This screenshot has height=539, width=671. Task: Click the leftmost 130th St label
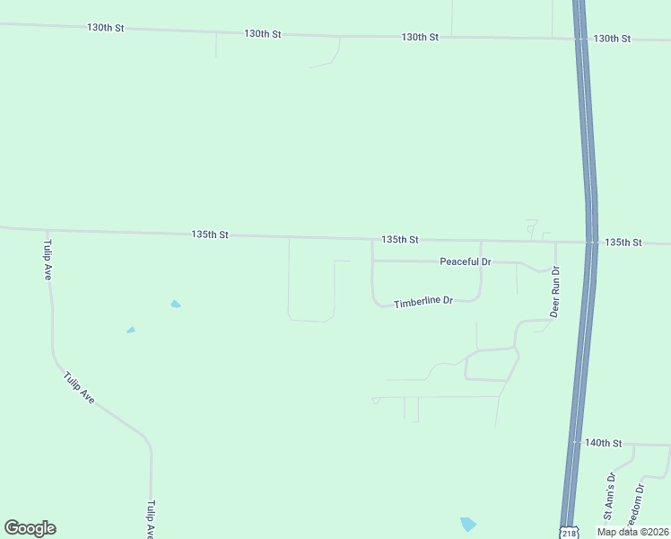point(105,28)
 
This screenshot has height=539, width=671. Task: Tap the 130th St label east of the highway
point(613,39)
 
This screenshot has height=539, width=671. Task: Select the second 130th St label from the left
point(263,33)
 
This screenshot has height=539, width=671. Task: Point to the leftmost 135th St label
point(210,234)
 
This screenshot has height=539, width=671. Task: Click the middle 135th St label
point(400,240)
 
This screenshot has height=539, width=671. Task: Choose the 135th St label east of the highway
point(623,243)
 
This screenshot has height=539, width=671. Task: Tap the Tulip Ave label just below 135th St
point(48,261)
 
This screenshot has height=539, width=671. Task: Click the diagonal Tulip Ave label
point(79,387)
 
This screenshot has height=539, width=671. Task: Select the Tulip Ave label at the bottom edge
point(151,519)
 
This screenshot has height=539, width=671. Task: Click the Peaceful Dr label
point(466,261)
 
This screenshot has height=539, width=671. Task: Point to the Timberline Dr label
point(423,301)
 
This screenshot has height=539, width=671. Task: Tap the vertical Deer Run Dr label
point(554,291)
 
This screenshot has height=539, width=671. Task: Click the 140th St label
point(603,443)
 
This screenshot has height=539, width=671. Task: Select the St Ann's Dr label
point(609,497)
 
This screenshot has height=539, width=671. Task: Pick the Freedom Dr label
point(636,508)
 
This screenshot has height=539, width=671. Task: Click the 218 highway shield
point(569,533)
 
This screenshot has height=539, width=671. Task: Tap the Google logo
point(30,528)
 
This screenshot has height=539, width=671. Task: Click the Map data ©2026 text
point(632,532)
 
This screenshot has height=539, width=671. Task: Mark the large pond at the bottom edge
point(467,524)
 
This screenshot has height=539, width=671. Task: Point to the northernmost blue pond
point(176,304)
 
